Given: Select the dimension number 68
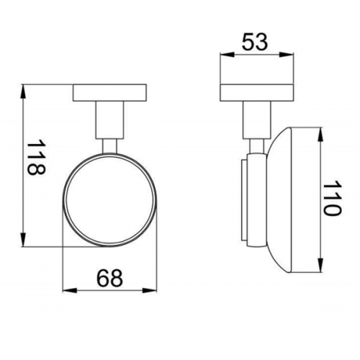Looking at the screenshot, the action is click(x=109, y=278).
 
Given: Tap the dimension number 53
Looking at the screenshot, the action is click(x=254, y=42).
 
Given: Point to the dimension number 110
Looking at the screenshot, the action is click(x=332, y=198).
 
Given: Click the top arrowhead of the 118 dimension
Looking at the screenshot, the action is click(x=23, y=91).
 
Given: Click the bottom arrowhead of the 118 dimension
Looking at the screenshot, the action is click(x=23, y=240).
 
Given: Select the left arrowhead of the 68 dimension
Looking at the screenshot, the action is click(x=69, y=290).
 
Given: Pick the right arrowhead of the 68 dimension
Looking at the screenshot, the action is click(x=150, y=290).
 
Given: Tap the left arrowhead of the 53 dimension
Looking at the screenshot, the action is click(x=227, y=55).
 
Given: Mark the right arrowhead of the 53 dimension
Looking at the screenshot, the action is click(x=287, y=55).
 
